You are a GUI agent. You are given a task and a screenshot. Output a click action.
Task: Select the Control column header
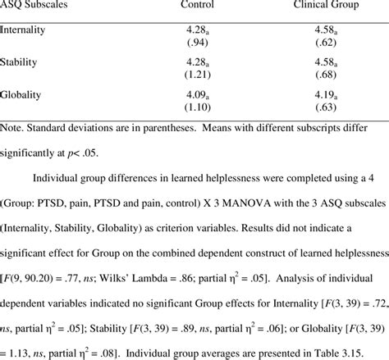tap(197, 7)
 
